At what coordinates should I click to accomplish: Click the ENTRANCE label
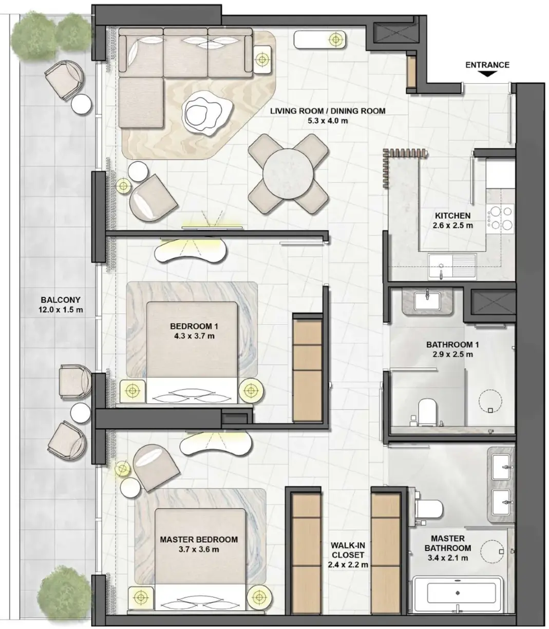click(487, 65)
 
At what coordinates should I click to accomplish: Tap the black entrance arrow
click(487, 74)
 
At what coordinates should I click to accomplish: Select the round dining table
click(288, 174)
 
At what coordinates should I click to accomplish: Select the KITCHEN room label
click(453, 216)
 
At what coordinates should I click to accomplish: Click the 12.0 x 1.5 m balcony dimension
click(61, 310)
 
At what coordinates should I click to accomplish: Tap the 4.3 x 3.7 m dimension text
click(194, 336)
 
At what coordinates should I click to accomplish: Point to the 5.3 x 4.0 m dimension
click(328, 121)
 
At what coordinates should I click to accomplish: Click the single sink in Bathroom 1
click(427, 301)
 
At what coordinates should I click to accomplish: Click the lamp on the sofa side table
click(262, 59)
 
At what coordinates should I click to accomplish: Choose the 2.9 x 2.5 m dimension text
click(452, 354)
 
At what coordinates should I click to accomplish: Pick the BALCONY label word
click(61, 300)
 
